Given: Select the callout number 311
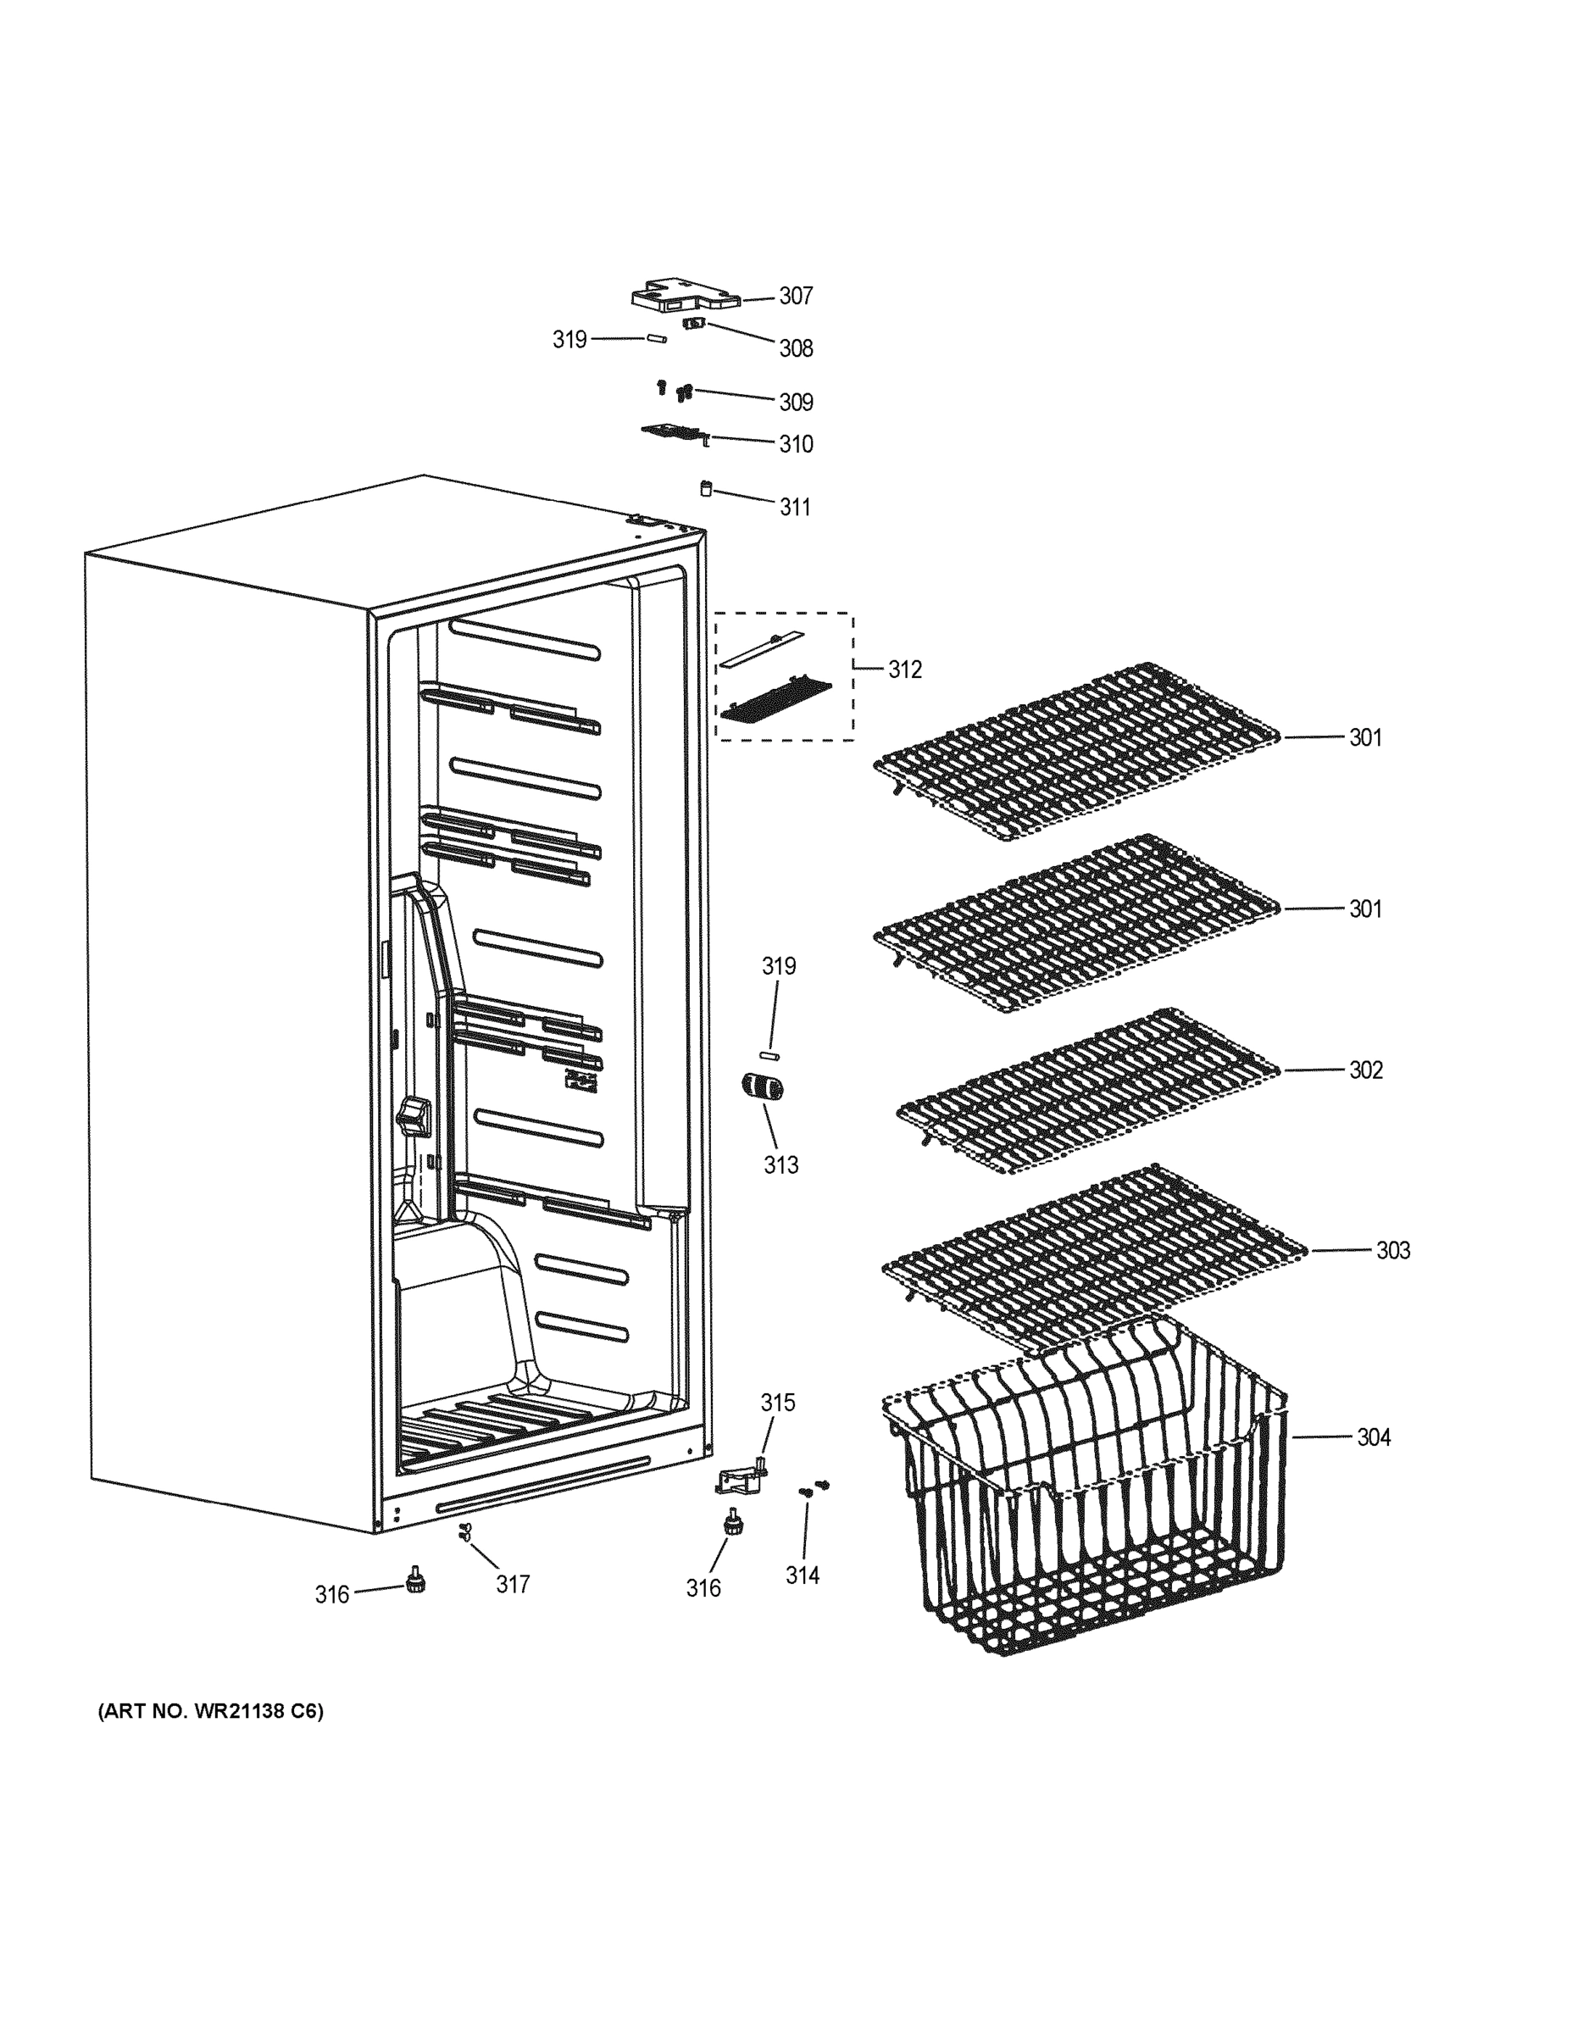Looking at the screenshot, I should [x=794, y=508].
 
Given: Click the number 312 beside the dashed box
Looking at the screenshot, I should [x=904, y=670].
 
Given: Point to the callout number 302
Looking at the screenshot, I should [x=1365, y=1070].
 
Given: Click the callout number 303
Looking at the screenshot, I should [x=1392, y=1251].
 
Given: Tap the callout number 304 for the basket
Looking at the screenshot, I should [x=1373, y=1438].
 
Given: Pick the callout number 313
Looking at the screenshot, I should [x=780, y=1165].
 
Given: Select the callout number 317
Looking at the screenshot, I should [x=512, y=1584].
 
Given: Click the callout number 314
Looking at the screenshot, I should [x=802, y=1575].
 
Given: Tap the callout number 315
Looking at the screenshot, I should [x=778, y=1403].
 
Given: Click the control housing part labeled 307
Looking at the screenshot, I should [x=685, y=294].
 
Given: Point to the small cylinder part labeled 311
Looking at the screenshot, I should [x=706, y=488].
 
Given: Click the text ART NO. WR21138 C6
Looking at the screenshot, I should [x=210, y=1712].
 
